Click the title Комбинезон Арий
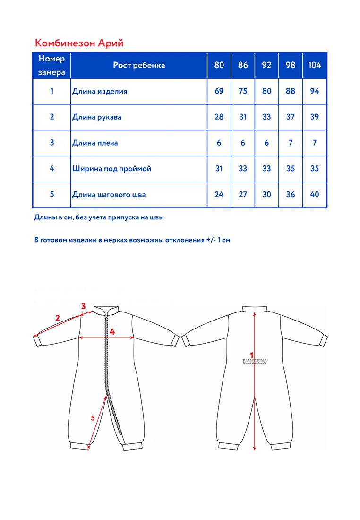(79, 43)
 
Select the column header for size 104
(314, 65)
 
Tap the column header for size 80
(219, 65)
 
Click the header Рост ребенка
(139, 65)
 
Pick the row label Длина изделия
(100, 91)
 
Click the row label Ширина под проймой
(111, 169)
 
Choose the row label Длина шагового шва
(109, 194)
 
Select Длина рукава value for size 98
(291, 117)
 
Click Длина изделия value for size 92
(266, 91)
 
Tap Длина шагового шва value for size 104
(314, 194)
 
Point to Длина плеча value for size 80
(219, 143)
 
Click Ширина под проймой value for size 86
(243, 169)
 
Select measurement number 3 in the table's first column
(52, 143)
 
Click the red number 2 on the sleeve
(58, 318)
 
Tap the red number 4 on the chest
(112, 332)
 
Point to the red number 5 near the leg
(93, 417)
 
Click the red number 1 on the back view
(252, 355)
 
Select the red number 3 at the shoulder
(83, 306)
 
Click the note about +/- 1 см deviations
(132, 240)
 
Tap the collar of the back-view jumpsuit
(255, 308)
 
